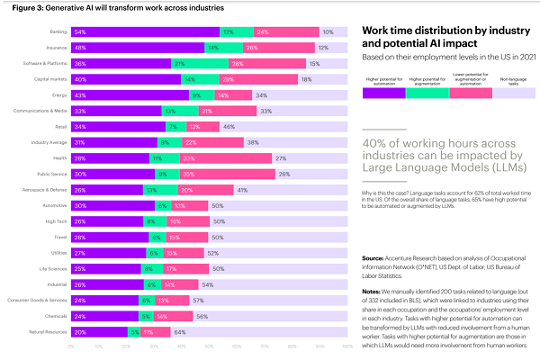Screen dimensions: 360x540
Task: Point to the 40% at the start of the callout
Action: tap(372, 142)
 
